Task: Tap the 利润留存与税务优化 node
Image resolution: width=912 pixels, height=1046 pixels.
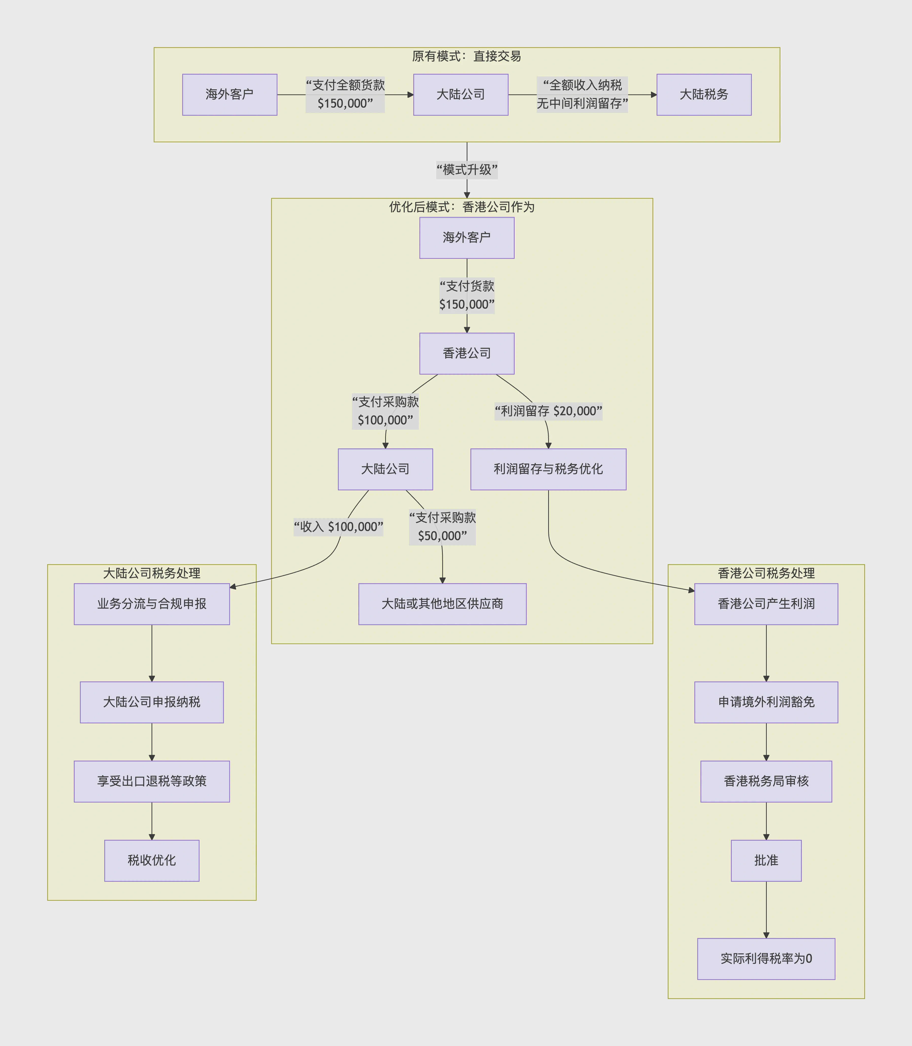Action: tap(548, 469)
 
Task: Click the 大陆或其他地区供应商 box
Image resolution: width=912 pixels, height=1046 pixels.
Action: tap(442, 604)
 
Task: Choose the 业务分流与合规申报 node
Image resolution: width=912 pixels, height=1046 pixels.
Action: tap(152, 604)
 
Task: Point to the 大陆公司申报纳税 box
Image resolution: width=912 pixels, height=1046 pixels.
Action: tap(152, 702)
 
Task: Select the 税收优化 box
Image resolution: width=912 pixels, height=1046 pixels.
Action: tap(152, 860)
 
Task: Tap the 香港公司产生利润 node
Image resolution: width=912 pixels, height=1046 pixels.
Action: tap(766, 604)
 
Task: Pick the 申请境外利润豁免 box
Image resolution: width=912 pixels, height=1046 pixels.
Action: tap(766, 702)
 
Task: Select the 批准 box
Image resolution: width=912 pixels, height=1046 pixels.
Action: tap(766, 860)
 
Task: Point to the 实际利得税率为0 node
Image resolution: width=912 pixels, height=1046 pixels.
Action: tap(766, 958)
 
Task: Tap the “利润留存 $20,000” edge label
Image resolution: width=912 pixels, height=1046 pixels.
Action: tap(548, 411)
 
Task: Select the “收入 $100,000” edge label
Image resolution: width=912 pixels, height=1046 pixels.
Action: tap(338, 527)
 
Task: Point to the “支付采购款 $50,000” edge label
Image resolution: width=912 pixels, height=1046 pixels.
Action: tap(442, 527)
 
